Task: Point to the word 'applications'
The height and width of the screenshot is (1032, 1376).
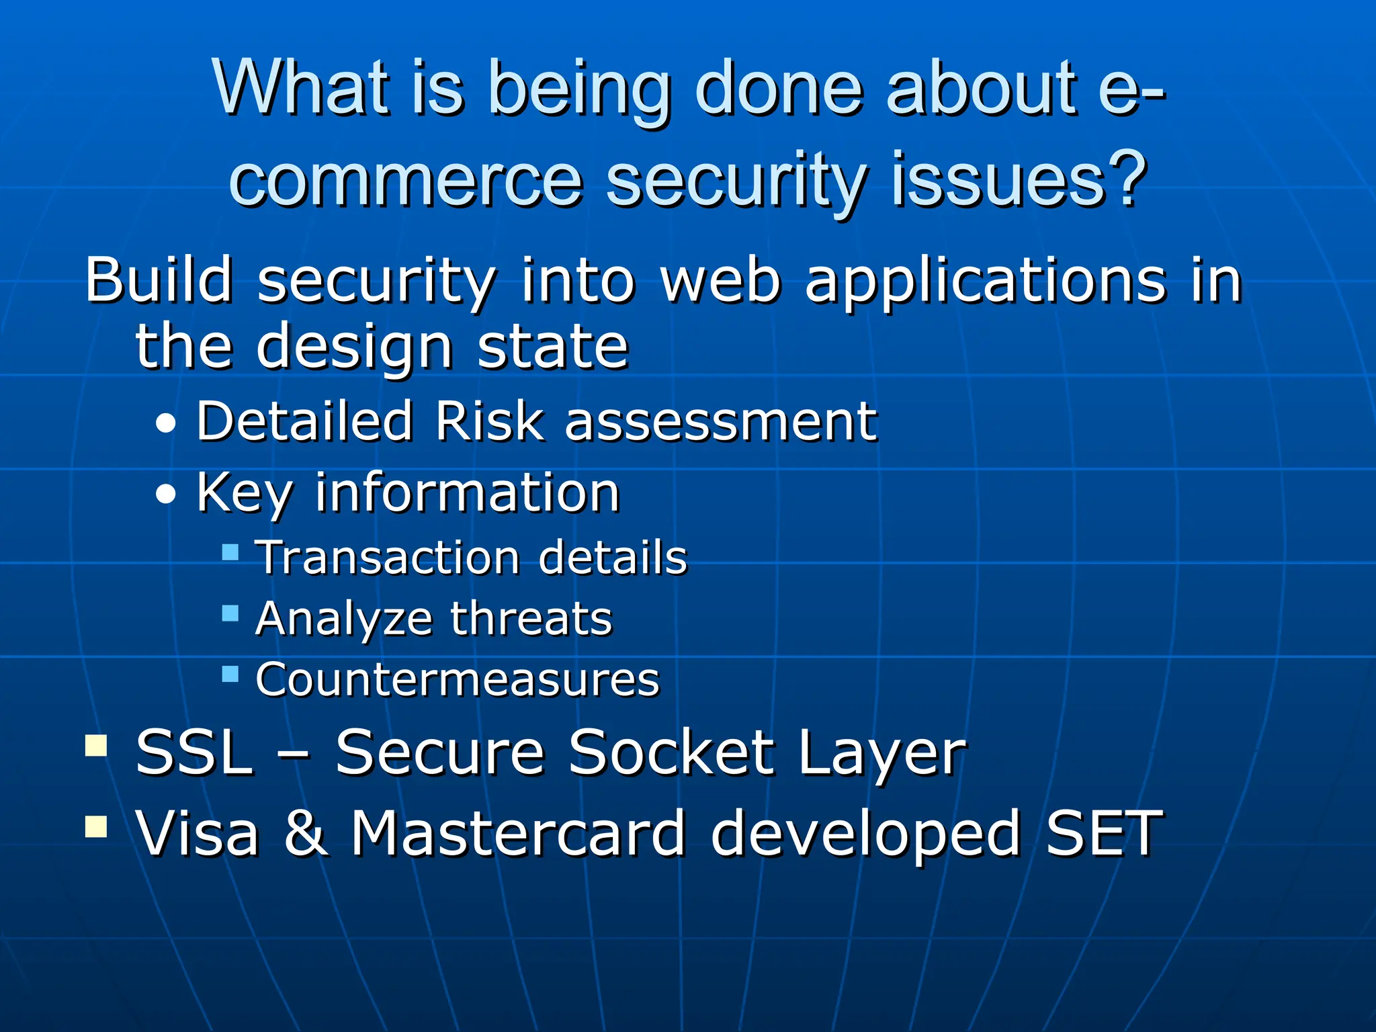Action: (985, 281)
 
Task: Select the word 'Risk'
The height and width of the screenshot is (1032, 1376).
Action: (489, 421)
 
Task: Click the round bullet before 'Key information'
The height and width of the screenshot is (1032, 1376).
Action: (165, 496)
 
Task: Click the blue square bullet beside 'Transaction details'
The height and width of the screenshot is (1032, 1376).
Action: (230, 553)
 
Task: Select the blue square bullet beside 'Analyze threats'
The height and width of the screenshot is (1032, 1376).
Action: (230, 613)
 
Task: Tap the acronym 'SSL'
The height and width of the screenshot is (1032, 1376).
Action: (194, 752)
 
